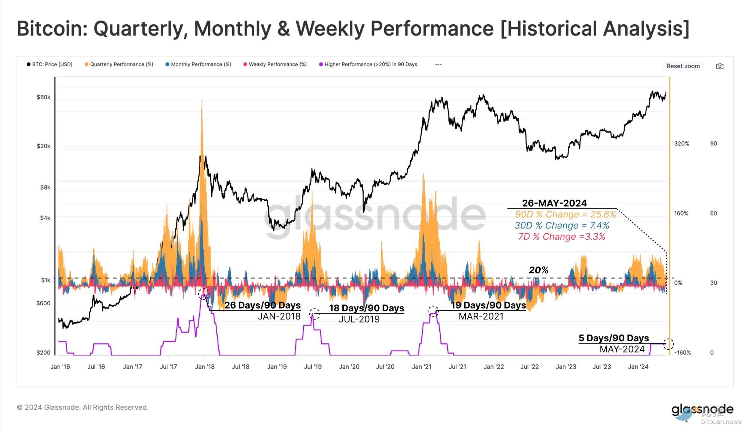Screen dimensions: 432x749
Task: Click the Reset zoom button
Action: pyautogui.click(x=683, y=66)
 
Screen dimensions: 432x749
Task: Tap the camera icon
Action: pyautogui.click(x=719, y=66)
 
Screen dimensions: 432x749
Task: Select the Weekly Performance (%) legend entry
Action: pyautogui.click(x=278, y=64)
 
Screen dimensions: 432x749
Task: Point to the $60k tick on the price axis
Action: pyautogui.click(x=43, y=97)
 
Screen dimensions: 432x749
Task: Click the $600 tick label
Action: pyautogui.click(x=43, y=303)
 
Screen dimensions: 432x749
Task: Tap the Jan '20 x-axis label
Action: pyautogui.click(x=349, y=366)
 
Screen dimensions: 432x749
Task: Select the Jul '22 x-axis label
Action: pyautogui.click(x=530, y=366)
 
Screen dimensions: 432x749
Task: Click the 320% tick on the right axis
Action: pyautogui.click(x=682, y=144)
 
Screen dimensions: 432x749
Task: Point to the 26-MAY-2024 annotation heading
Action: pyautogui.click(x=554, y=203)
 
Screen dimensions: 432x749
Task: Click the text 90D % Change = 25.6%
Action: pyautogui.click(x=565, y=214)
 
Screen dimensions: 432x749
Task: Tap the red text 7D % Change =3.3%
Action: pyautogui.click(x=562, y=237)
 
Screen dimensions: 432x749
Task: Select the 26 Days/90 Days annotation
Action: pyautogui.click(x=263, y=305)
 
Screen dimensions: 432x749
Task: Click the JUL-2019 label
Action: pyautogui.click(x=359, y=319)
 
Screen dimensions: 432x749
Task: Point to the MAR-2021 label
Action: pyautogui.click(x=481, y=316)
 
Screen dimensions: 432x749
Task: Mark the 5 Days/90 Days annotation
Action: pyautogui.click(x=613, y=338)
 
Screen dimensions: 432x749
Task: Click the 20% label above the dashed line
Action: pyautogui.click(x=539, y=270)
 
